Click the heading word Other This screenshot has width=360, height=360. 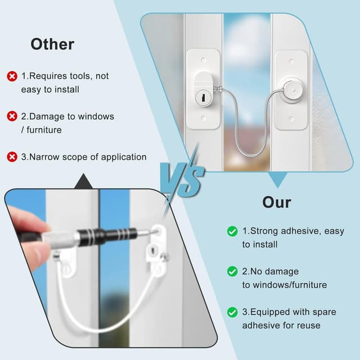click(x=52, y=44)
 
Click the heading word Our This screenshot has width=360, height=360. click(x=277, y=202)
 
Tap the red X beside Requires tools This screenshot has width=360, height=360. click(x=12, y=76)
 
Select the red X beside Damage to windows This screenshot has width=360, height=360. click(x=12, y=116)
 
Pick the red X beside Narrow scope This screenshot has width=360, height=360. click(x=12, y=157)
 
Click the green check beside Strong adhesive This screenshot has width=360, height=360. click(x=232, y=231)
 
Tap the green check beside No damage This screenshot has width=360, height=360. click(x=232, y=272)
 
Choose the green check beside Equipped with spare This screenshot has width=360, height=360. click(x=232, y=312)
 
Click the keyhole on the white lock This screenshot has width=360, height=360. click(x=201, y=99)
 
